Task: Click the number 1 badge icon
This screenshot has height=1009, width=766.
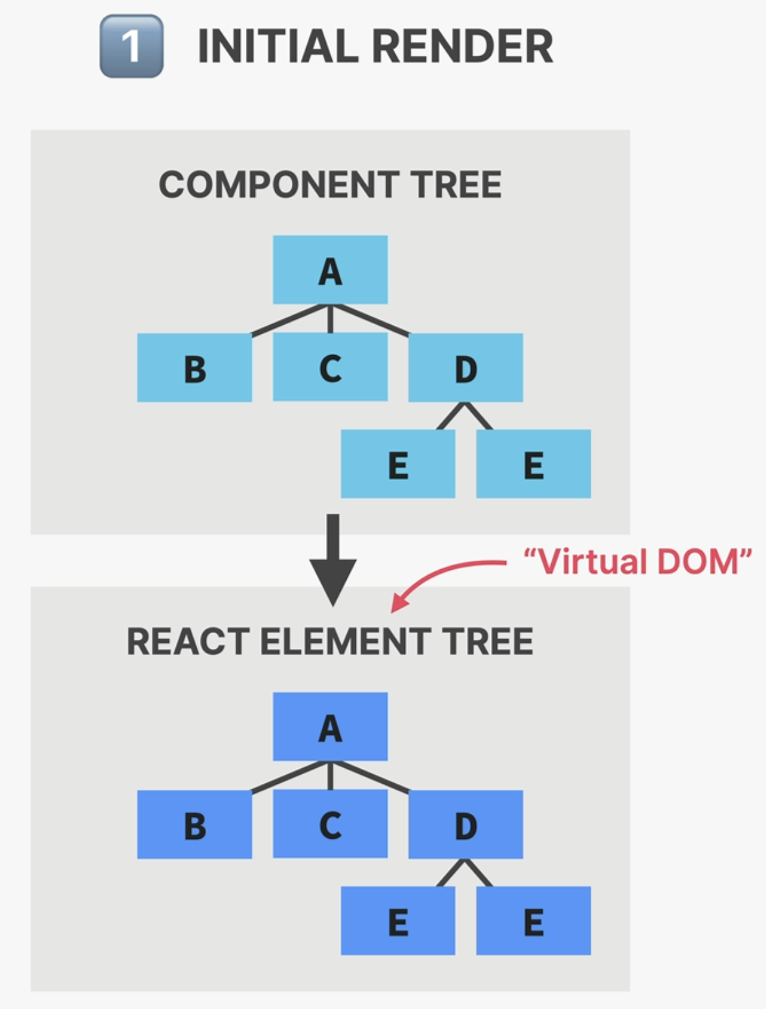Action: [131, 47]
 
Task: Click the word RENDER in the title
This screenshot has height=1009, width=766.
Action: [463, 47]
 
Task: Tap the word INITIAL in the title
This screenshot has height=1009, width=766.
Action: [278, 47]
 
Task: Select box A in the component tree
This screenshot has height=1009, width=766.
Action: [330, 270]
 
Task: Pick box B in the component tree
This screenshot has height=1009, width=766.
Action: [194, 368]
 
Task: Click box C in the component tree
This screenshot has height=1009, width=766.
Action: [330, 367]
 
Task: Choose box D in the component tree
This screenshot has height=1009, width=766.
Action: [465, 368]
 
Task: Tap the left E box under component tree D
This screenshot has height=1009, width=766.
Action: [398, 464]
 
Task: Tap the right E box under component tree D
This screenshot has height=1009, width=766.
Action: [533, 464]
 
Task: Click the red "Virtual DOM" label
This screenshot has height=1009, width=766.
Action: [637, 561]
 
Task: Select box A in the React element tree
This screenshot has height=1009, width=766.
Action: [330, 727]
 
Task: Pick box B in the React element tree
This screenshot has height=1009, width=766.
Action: [194, 825]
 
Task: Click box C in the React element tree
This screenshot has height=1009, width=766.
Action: [330, 824]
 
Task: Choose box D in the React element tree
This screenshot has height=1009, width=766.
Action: [465, 825]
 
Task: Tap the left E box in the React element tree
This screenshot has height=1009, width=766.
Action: [398, 920]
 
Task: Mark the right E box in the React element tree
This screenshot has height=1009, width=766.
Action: [533, 920]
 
